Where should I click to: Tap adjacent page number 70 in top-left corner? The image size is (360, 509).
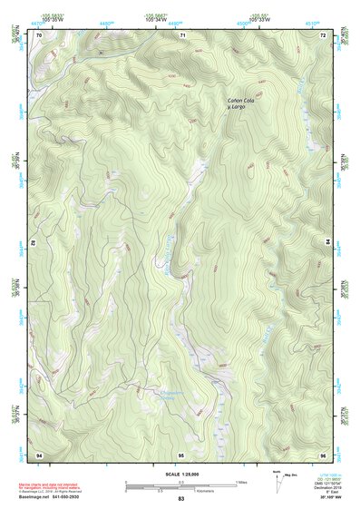(x=40, y=34)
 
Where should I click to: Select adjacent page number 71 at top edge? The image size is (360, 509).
(x=181, y=34)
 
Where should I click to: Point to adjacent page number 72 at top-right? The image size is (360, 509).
(x=323, y=34)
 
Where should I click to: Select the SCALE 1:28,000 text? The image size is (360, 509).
(x=181, y=475)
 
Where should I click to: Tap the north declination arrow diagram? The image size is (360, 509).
(x=277, y=481)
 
